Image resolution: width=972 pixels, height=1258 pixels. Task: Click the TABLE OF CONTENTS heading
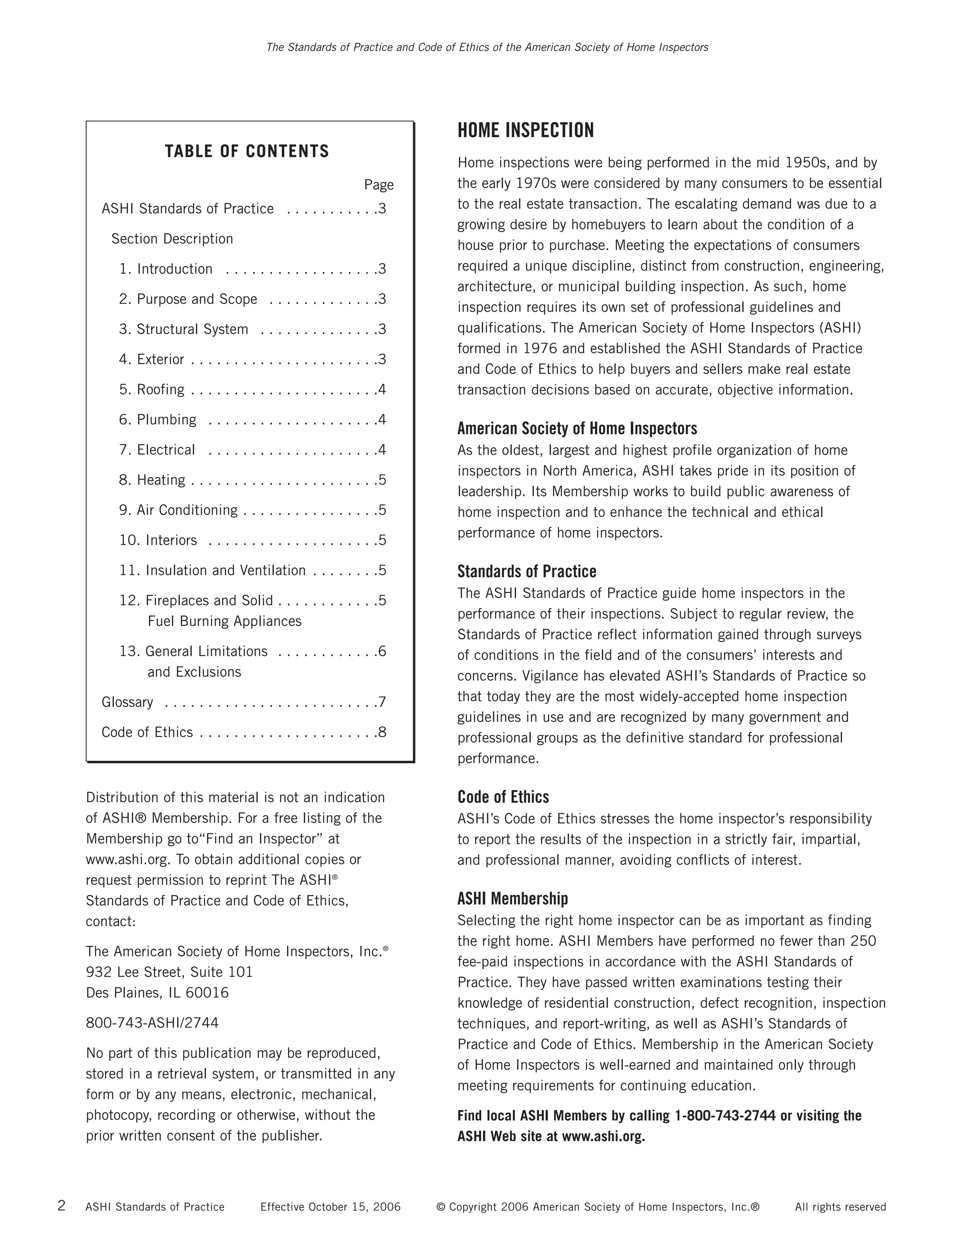[x=246, y=151]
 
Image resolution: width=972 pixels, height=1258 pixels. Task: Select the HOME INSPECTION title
[x=525, y=131]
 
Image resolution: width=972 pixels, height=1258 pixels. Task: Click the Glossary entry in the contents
[x=127, y=702]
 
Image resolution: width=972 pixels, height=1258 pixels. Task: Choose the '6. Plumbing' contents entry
[x=158, y=420]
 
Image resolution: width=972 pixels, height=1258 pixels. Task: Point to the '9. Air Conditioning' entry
[x=178, y=510]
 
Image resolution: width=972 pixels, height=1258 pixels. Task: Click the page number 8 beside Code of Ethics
[x=382, y=732]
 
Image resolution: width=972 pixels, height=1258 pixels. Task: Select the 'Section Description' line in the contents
[x=172, y=239]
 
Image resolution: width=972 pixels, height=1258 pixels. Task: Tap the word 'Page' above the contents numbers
[x=378, y=185]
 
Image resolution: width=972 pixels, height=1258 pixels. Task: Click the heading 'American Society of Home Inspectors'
[x=577, y=429]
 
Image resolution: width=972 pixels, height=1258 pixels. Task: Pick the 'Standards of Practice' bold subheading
[x=526, y=572]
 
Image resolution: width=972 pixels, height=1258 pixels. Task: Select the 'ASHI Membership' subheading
[x=513, y=899]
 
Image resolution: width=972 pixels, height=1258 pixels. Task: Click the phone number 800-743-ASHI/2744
[x=152, y=1023]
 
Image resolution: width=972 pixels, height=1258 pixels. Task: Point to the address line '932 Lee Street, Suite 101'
[x=169, y=972]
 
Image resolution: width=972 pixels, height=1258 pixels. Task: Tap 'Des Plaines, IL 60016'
[x=157, y=993]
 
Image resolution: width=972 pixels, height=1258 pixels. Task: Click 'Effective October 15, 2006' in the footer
[x=330, y=1207]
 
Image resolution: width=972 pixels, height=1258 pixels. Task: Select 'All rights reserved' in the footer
[x=840, y=1207]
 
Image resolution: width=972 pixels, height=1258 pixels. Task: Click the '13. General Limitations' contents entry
[x=194, y=651]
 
